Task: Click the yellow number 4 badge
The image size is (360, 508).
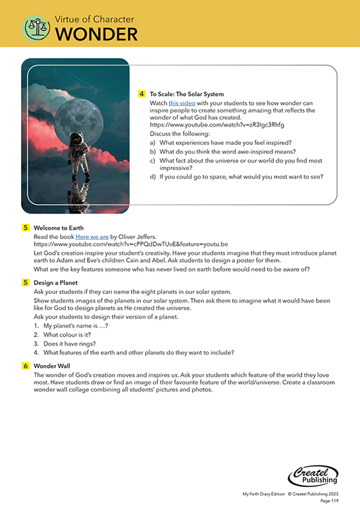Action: click(x=142, y=93)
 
